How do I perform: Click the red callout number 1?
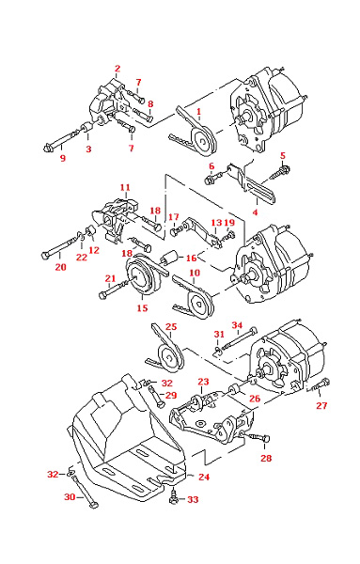click(x=199, y=112)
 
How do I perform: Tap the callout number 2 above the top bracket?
click(x=117, y=69)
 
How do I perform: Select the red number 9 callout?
click(x=63, y=158)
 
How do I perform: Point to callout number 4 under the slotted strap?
click(x=255, y=211)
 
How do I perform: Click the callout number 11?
click(x=125, y=187)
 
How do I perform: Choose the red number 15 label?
click(x=142, y=308)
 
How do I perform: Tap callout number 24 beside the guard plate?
click(x=204, y=477)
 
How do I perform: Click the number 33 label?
click(x=193, y=499)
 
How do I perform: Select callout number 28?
click(x=266, y=458)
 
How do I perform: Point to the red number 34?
click(x=237, y=325)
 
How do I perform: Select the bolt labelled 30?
click(x=85, y=492)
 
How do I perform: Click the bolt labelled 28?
click(x=258, y=438)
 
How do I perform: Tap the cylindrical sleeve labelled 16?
click(x=169, y=257)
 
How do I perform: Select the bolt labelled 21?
click(x=113, y=290)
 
